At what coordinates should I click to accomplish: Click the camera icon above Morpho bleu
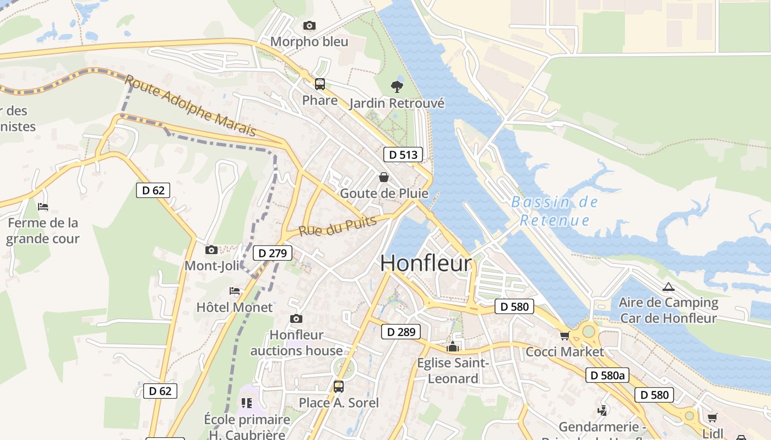click(x=310, y=25)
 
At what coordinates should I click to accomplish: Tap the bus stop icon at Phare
click(x=319, y=84)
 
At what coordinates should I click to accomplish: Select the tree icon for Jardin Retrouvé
click(x=397, y=86)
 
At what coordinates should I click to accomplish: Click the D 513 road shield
click(x=403, y=155)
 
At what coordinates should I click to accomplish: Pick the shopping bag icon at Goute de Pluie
click(x=383, y=177)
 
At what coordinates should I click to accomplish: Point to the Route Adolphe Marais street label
click(x=191, y=106)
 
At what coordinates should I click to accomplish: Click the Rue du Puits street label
click(x=338, y=226)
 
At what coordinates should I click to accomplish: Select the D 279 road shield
click(x=273, y=254)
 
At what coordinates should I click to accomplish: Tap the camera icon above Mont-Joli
click(x=211, y=250)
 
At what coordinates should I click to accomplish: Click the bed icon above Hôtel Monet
click(x=235, y=291)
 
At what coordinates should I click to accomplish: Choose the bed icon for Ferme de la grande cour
click(x=43, y=207)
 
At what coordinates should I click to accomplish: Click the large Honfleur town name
click(x=426, y=263)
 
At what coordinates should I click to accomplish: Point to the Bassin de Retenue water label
click(x=555, y=211)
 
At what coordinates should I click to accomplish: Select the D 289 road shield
click(x=401, y=332)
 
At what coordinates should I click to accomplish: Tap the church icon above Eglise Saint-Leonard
click(x=453, y=346)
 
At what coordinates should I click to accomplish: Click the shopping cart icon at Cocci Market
click(x=564, y=335)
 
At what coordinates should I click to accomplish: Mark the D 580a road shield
click(x=607, y=376)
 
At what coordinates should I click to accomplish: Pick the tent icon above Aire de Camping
click(x=668, y=287)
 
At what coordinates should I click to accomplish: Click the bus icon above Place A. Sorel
click(x=338, y=386)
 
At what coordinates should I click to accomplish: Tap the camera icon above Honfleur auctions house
click(x=296, y=319)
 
